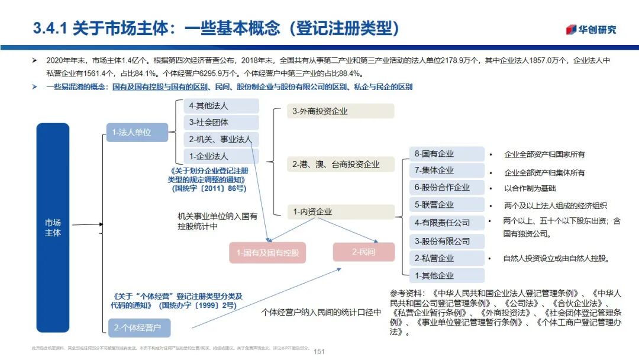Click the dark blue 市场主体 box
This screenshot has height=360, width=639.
[x=53, y=227]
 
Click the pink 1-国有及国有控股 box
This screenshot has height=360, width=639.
[x=267, y=253]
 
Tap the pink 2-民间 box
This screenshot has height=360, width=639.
[x=363, y=252]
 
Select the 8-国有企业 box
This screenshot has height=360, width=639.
[x=447, y=154]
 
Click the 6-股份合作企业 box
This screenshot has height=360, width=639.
[x=447, y=188]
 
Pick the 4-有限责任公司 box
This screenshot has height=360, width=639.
[x=447, y=223]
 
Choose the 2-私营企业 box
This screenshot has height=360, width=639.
[x=447, y=258]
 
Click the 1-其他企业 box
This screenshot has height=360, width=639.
[x=447, y=275]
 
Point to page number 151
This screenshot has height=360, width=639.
[x=319, y=351]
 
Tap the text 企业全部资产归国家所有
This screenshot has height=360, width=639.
[x=544, y=155]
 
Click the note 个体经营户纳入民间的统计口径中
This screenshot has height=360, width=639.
[x=321, y=312]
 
